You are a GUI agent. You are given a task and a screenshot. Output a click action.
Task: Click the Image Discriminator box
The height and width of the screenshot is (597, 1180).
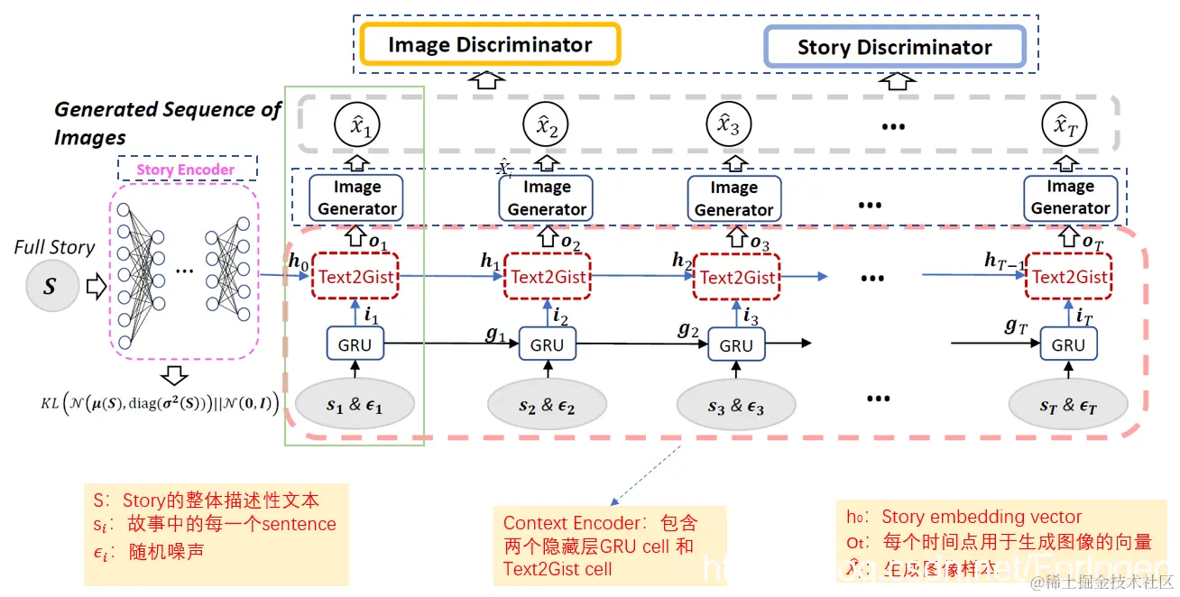point(490,44)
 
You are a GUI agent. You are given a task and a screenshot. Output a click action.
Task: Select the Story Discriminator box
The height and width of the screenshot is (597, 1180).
point(894,47)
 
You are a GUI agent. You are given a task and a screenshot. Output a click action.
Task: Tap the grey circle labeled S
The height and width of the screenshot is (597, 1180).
point(50,287)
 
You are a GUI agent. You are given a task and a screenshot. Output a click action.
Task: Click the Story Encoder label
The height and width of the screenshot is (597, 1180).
point(186,169)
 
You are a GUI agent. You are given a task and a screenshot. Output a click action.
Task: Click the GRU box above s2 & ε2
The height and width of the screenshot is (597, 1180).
point(547,344)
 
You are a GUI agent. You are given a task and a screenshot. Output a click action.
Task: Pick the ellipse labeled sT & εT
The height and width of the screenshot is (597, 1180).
point(1067,405)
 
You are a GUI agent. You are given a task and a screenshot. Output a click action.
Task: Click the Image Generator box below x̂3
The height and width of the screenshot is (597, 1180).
point(733,198)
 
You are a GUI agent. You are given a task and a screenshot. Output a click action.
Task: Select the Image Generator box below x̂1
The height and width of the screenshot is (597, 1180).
point(357,197)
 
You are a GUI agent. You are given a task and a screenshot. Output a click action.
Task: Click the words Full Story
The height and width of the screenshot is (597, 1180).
point(54,247)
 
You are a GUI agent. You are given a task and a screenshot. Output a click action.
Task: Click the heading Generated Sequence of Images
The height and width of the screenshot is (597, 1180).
point(167,122)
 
